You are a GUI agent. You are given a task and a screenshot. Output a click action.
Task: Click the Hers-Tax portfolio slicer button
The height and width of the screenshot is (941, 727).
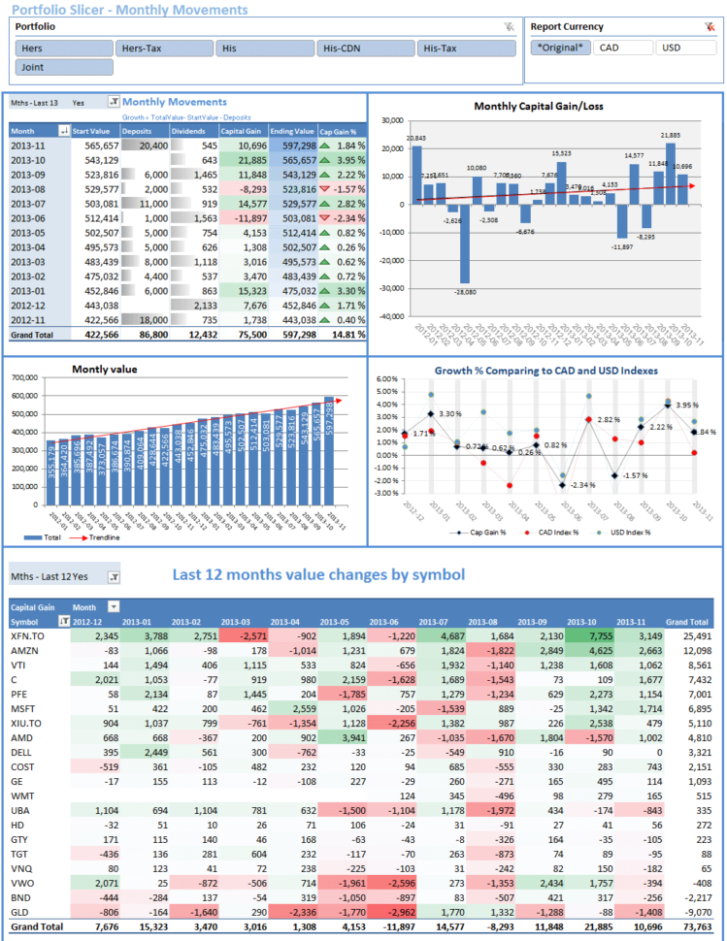163,48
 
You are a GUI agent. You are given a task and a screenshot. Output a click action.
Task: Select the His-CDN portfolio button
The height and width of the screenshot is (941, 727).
365,48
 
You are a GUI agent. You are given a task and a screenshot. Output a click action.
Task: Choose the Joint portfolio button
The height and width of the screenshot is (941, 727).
64,68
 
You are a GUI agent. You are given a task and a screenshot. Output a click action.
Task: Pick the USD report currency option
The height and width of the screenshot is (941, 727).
683,47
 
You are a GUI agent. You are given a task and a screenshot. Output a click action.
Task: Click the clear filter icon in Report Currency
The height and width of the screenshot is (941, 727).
709,27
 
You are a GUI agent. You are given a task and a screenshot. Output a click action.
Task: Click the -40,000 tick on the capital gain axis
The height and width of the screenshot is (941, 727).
391,316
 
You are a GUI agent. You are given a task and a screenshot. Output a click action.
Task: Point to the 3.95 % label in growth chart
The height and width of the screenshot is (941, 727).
686,405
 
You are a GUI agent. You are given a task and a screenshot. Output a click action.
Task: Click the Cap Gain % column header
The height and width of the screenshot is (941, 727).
341,130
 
